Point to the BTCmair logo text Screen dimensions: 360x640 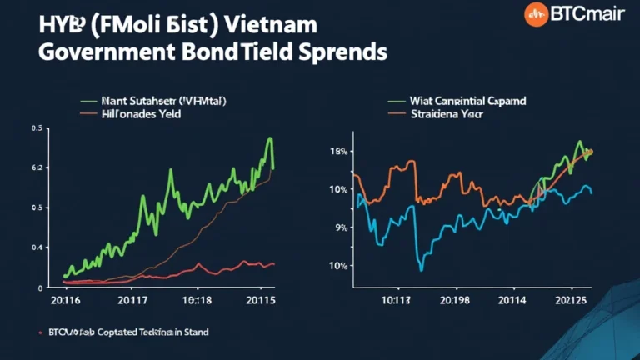point(582,14)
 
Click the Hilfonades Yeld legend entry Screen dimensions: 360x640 point(142,112)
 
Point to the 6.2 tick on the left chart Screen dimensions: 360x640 point(35,168)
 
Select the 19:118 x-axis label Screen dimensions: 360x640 point(197,300)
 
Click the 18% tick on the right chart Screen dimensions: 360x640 point(338,152)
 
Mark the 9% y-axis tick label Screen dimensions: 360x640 point(340,227)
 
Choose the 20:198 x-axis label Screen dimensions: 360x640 point(453,300)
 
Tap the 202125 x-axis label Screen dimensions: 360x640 point(573,300)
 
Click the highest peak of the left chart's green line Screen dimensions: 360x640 point(270,138)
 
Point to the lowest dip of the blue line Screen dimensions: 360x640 point(422,270)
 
